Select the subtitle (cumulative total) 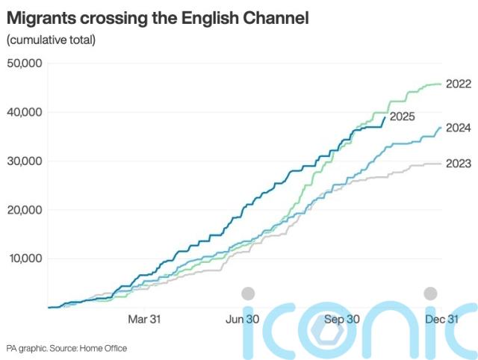(x=51, y=39)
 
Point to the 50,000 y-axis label (x=25, y=63)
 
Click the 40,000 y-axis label (x=25, y=112)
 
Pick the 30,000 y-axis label (x=25, y=161)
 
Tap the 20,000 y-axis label (x=25, y=210)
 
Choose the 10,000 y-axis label (x=25, y=258)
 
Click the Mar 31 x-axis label (x=144, y=319)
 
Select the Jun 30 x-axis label (x=243, y=319)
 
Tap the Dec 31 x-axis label (x=442, y=319)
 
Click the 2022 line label (x=458, y=84)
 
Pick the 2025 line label (x=403, y=117)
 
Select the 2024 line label (x=458, y=128)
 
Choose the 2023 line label (x=458, y=164)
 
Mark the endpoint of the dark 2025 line (x=385, y=117)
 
